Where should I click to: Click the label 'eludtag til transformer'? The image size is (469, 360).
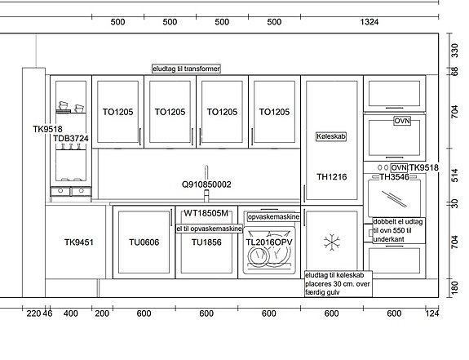point(187,69)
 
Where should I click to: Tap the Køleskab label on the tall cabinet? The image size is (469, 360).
point(332,137)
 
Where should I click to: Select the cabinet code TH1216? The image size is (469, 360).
point(332,176)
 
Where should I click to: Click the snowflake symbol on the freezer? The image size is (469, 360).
point(331,242)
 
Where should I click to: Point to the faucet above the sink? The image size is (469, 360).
point(206,174)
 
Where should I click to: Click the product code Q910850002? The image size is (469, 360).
point(206,184)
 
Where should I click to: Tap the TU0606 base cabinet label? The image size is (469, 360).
point(144,242)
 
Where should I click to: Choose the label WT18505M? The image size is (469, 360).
point(206,214)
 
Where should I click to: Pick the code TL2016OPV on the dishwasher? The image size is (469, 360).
point(268,242)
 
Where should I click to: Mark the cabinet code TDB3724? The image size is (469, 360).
point(71,139)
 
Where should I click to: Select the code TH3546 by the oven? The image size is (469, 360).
point(394,176)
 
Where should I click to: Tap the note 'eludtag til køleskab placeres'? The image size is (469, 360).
point(338,280)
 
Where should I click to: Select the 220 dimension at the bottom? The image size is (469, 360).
point(33,313)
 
